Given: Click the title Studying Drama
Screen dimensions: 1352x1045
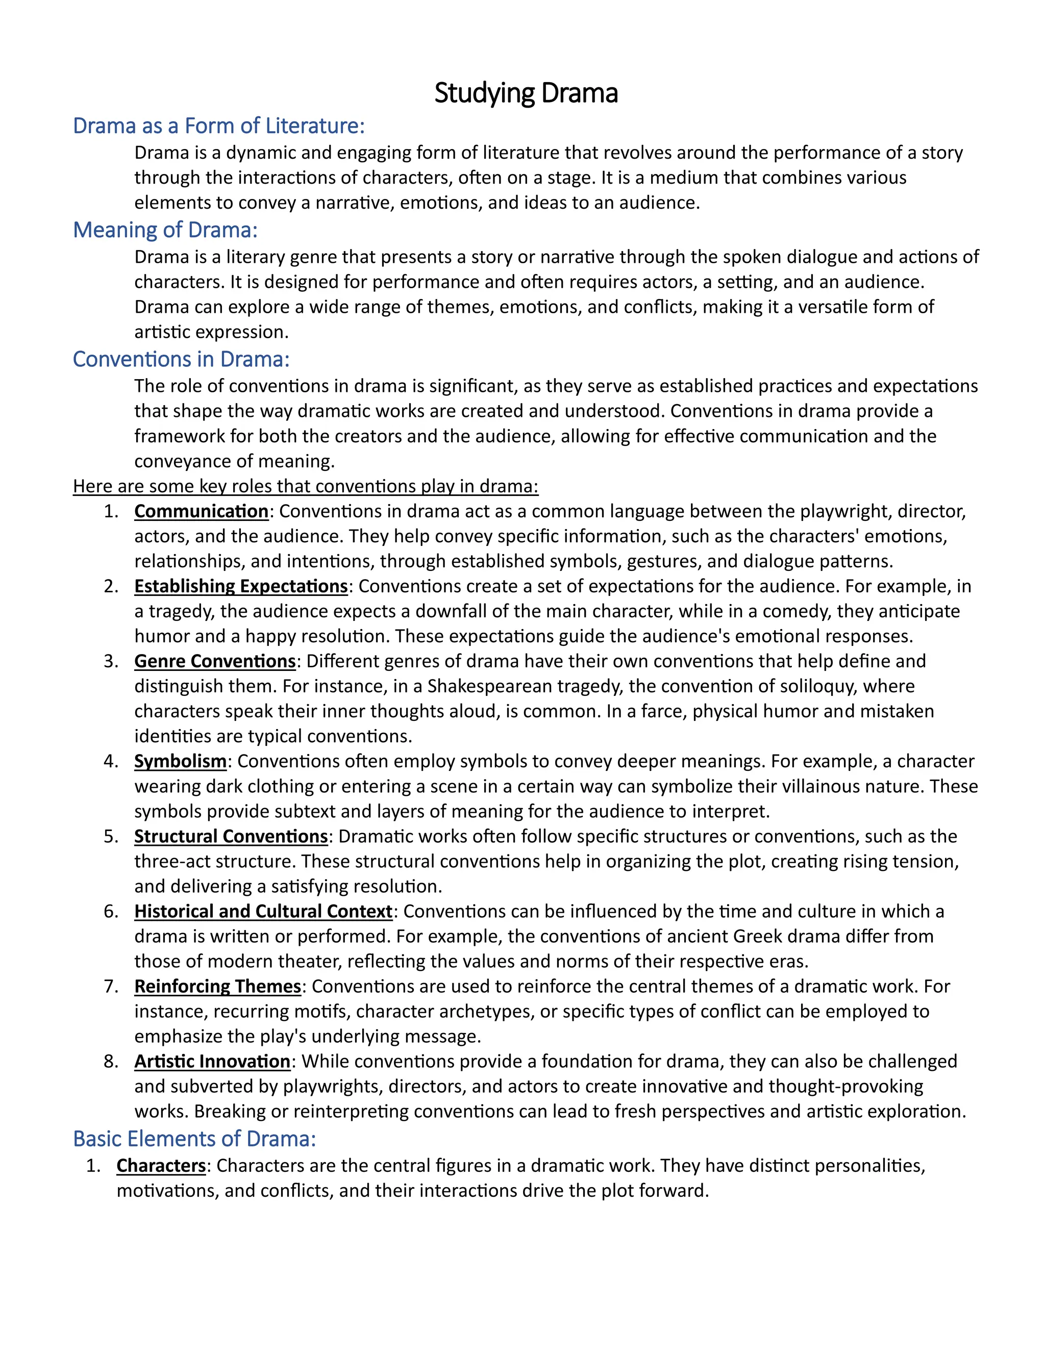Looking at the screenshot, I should [x=526, y=93].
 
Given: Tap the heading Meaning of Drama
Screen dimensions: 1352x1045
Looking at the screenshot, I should [x=165, y=230].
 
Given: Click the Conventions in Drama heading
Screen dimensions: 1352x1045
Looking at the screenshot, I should [x=181, y=359].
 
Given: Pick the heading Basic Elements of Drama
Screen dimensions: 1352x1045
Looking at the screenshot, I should [x=194, y=1138].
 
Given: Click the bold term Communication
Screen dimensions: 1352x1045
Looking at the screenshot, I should [x=201, y=511].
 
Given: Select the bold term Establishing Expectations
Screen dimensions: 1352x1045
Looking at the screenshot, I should [x=241, y=586].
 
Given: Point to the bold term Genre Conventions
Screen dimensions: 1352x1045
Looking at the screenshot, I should [x=215, y=661].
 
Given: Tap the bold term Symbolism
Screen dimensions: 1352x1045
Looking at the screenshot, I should [x=180, y=761].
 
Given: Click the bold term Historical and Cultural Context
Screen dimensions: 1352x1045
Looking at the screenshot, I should [x=263, y=911].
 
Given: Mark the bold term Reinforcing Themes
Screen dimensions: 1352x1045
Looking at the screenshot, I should [x=217, y=986].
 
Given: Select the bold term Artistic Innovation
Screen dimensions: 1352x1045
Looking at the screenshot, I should [x=212, y=1061].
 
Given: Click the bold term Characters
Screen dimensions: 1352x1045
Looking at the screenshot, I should [x=161, y=1166].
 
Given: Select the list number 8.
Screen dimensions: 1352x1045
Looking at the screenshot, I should [x=111, y=1061].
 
